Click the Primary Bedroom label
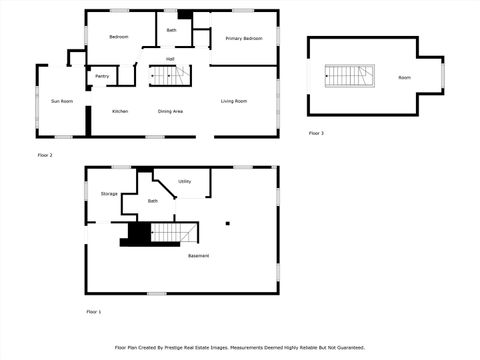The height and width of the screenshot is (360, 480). tap(244, 38)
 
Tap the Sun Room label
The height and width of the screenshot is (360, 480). tap(62, 101)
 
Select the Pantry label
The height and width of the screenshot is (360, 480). tap(102, 76)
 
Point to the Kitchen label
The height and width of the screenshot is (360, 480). tap(120, 111)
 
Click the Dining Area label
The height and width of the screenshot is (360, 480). tap(170, 111)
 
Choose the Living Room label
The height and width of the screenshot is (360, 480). tap(234, 101)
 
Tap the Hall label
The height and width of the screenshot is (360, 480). tap(170, 59)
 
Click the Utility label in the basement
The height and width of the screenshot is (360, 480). tap(185, 181)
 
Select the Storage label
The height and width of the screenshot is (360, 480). tap(109, 193)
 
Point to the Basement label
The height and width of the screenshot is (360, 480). tap(199, 256)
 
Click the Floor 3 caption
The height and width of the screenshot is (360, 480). tap(316, 133)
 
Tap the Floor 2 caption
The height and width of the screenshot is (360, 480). tap(45, 155)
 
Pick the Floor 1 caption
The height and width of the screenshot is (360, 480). tap(94, 312)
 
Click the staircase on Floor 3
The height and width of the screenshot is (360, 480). tap(350, 76)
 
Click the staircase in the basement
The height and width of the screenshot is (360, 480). tap(167, 233)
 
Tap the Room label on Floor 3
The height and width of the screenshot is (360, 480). tap(404, 77)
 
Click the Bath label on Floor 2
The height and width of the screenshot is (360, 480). tap(171, 30)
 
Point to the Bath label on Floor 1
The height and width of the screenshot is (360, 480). tap(153, 201)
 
